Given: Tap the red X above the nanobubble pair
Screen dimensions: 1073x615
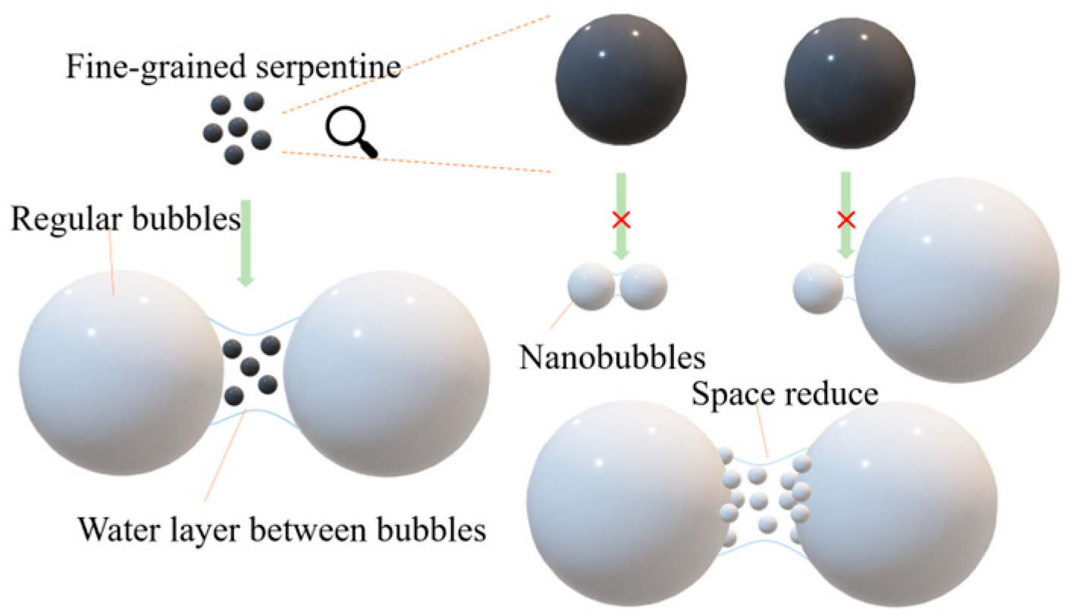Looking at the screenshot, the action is [x=621, y=221].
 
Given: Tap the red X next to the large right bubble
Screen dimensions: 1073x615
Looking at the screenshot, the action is [x=846, y=221].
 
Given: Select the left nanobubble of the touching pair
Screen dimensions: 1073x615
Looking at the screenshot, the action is [x=591, y=287].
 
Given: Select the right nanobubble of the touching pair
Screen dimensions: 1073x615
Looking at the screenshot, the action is [x=644, y=287].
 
